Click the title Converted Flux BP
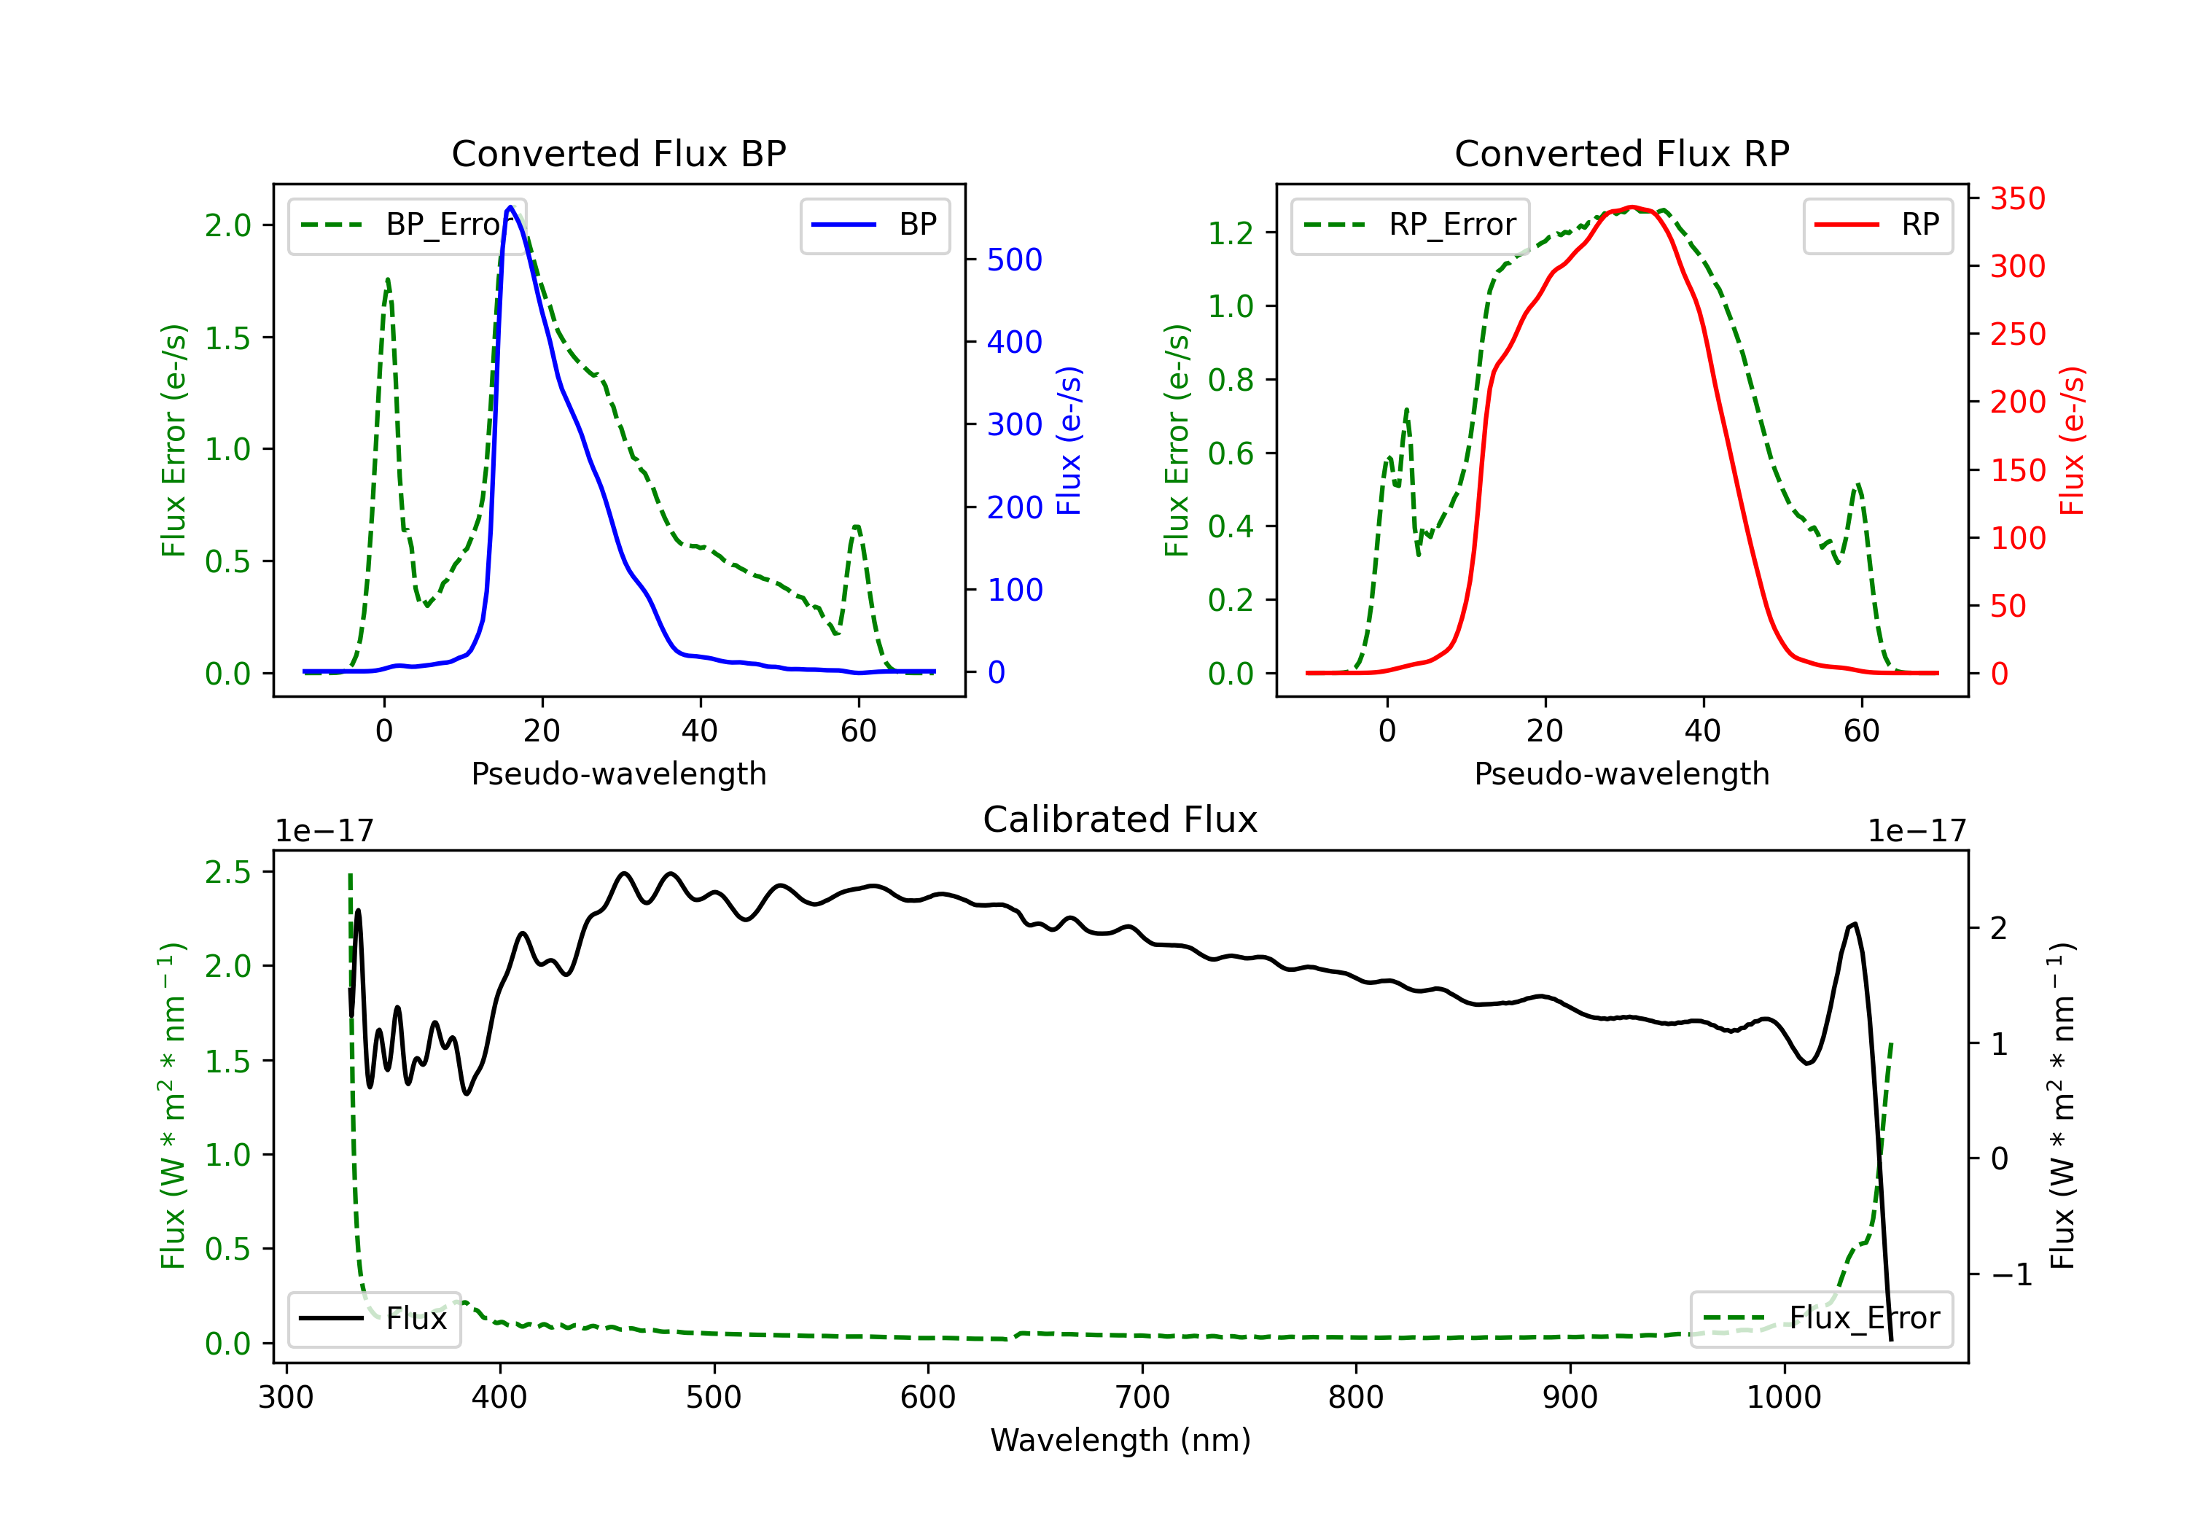coord(619,153)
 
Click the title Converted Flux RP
coord(1622,153)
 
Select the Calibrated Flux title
coord(1120,819)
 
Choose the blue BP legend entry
coord(874,225)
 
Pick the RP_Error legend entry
coord(1410,225)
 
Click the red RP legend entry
coord(1877,225)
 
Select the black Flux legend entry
coord(373,1319)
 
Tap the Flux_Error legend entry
coord(1820,1319)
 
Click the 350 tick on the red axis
coord(2017,198)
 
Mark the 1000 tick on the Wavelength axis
coord(1784,1398)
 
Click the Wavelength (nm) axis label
coord(1120,1440)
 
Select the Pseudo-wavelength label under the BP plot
coord(619,774)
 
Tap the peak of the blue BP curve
coord(510,207)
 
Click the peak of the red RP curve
coord(1632,207)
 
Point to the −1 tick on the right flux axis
coord(2012,1274)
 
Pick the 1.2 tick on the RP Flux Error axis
coord(1231,233)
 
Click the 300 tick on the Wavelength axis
coord(286,1398)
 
